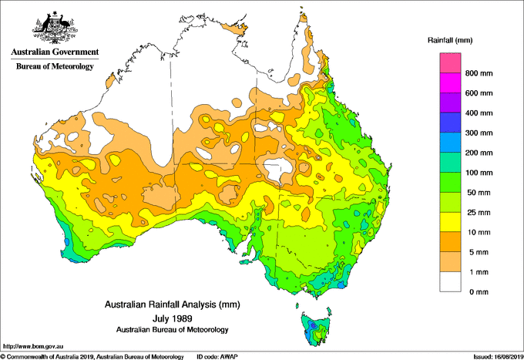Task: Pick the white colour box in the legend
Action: pos(450,282)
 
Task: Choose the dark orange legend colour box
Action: pos(450,242)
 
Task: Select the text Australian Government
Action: pos(55,52)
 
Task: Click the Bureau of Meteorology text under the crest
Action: pos(55,66)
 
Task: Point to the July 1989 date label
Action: pos(172,317)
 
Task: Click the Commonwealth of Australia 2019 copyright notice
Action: pos(92,356)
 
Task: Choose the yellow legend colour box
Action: pos(450,223)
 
